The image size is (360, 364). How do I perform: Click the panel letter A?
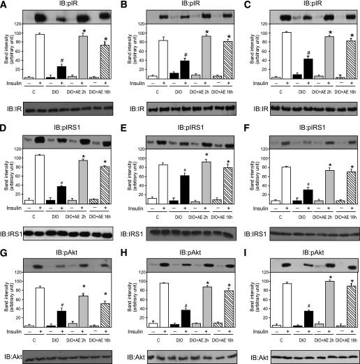pyautogui.click(x=5, y=6)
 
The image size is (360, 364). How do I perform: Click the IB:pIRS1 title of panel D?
pyautogui.click(x=63, y=128)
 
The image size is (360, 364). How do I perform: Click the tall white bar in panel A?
pyautogui.click(x=40, y=56)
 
